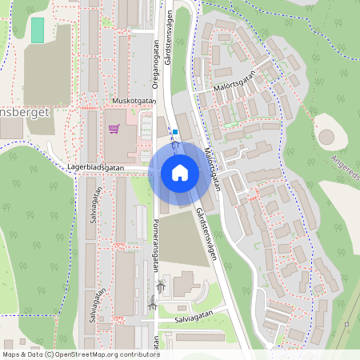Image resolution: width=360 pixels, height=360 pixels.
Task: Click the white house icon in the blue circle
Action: pyautogui.click(x=180, y=172)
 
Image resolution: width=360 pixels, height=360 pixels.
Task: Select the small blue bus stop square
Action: pyautogui.click(x=174, y=131)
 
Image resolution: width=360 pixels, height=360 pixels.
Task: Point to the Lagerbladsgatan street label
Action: pyautogui.click(x=97, y=168)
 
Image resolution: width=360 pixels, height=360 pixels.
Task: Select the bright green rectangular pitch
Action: pyautogui.click(x=37, y=30)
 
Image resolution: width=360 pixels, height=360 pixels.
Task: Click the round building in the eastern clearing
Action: pyautogui.click(x=326, y=137)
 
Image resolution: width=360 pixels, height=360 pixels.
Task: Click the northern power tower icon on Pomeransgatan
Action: pyautogui.click(x=161, y=284)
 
